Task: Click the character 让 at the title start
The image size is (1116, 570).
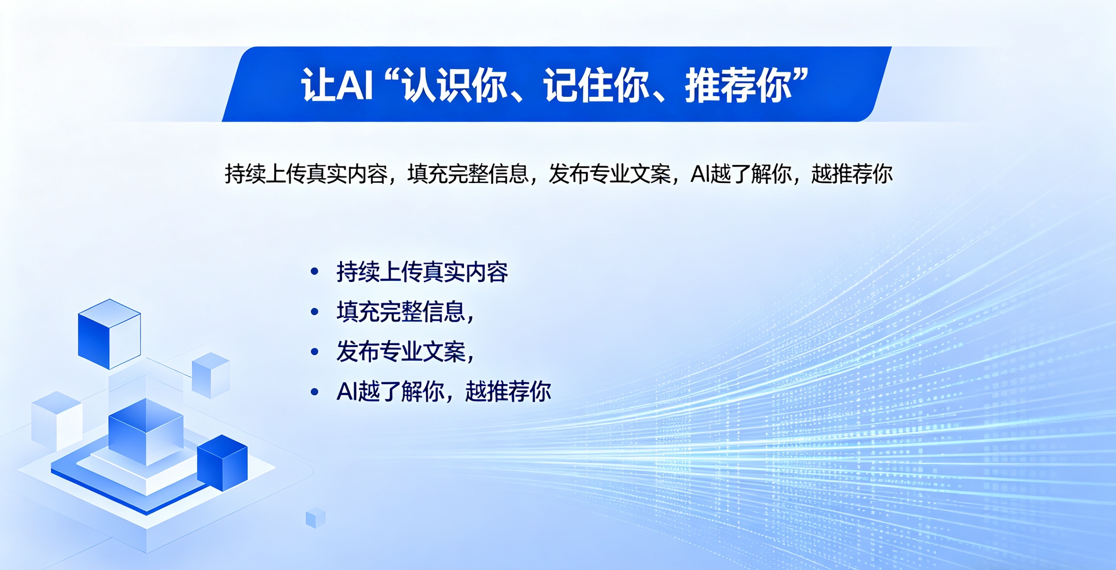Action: click(x=318, y=85)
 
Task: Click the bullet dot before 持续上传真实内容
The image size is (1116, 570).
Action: click(x=314, y=272)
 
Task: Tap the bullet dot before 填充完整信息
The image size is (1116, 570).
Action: click(x=314, y=312)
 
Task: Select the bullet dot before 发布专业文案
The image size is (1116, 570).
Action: click(x=314, y=352)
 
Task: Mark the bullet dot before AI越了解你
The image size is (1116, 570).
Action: click(x=314, y=392)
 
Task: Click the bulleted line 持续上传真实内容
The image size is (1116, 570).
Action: click(x=422, y=272)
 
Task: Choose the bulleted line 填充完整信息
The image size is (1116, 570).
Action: click(x=401, y=312)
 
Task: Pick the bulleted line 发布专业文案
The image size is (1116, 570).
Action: click(x=401, y=352)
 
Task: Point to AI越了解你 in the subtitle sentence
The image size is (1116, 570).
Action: click(x=741, y=174)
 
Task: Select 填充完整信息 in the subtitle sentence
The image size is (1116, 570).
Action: click(x=468, y=174)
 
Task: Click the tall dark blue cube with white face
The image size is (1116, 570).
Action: click(x=109, y=334)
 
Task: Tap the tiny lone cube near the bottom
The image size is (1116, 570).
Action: click(x=316, y=518)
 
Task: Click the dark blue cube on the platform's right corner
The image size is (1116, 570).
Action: click(x=222, y=463)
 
